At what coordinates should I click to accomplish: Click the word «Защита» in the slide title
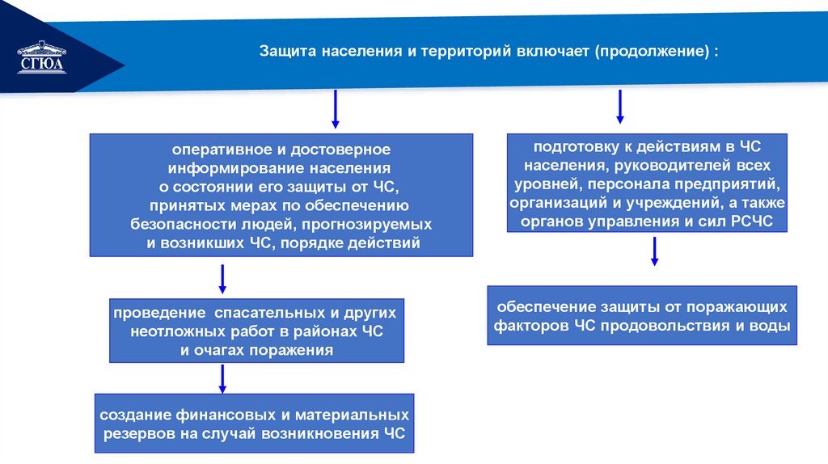tap(286, 50)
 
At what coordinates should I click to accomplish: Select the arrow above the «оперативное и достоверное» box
tap(336, 109)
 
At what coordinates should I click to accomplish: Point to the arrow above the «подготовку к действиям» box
tap(620, 107)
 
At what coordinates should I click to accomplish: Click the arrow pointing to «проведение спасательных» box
tap(222, 279)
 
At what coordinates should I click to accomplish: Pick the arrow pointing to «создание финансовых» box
tap(222, 378)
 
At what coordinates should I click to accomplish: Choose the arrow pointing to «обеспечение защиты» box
tap(655, 251)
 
